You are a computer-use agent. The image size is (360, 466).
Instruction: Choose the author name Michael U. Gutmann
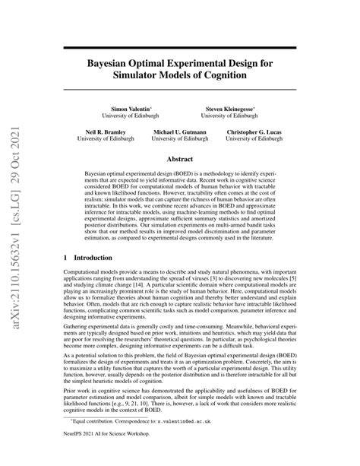(x=178, y=131)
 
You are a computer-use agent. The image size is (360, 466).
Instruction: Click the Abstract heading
(x=180, y=160)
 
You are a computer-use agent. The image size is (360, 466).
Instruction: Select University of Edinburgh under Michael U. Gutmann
(x=178, y=139)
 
